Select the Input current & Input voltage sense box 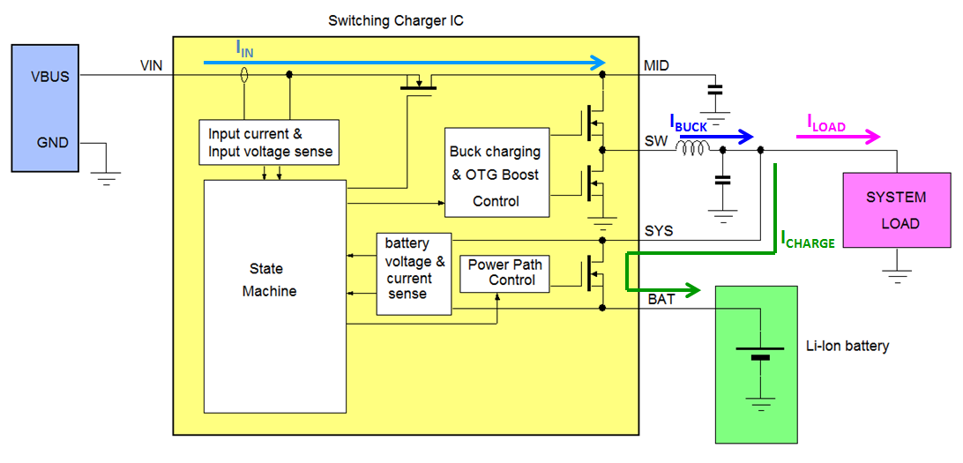[270, 143]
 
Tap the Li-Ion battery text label [847, 346]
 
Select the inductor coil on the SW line [692, 149]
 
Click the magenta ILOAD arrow [843, 136]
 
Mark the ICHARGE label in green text [807, 239]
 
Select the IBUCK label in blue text [689, 124]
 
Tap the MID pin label [657, 66]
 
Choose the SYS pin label [658, 230]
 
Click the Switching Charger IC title [395, 19]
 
